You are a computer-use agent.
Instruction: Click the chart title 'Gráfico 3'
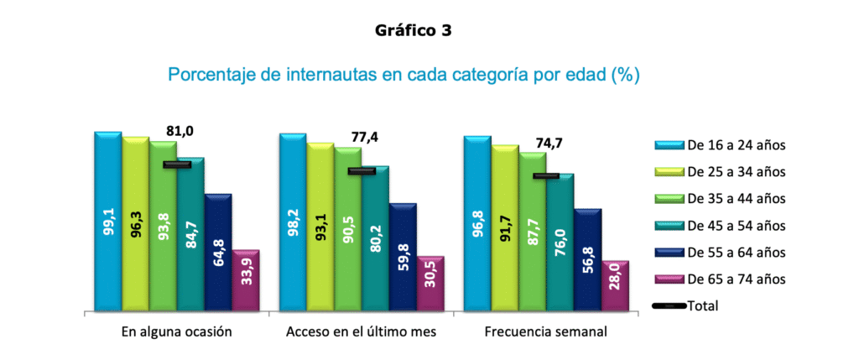[416, 31]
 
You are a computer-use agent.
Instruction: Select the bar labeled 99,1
[108, 222]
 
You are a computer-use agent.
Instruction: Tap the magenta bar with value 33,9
[246, 279]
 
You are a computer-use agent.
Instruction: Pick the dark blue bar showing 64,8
[218, 252]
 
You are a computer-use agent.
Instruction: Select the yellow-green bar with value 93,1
[320, 226]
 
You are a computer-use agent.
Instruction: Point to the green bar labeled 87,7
[532, 231]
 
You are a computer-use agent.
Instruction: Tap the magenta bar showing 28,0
[615, 285]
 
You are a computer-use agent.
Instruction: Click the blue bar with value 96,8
[477, 222]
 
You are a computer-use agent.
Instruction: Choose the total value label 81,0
[178, 131]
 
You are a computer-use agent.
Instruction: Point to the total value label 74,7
[547, 143]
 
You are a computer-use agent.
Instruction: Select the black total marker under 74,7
[546, 176]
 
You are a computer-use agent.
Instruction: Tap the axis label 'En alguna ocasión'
[177, 332]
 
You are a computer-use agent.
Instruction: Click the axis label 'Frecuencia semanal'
[546, 332]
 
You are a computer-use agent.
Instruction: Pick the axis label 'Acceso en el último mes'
[362, 332]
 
